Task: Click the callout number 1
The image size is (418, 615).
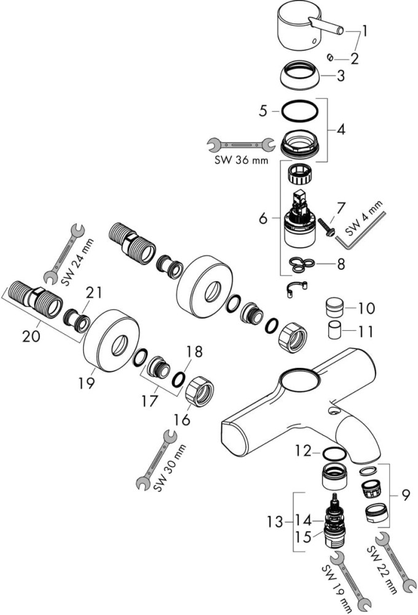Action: [365, 31]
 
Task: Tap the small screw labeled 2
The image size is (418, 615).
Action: [330, 58]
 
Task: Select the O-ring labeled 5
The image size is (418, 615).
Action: [299, 111]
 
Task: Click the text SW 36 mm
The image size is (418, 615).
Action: [241, 160]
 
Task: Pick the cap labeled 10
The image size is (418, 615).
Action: [335, 305]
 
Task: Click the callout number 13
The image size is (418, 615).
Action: [275, 522]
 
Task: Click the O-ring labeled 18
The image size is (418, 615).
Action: [178, 379]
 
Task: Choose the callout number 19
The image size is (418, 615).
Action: [86, 383]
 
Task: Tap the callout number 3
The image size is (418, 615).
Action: [341, 75]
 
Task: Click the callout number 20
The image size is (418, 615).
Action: [31, 336]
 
